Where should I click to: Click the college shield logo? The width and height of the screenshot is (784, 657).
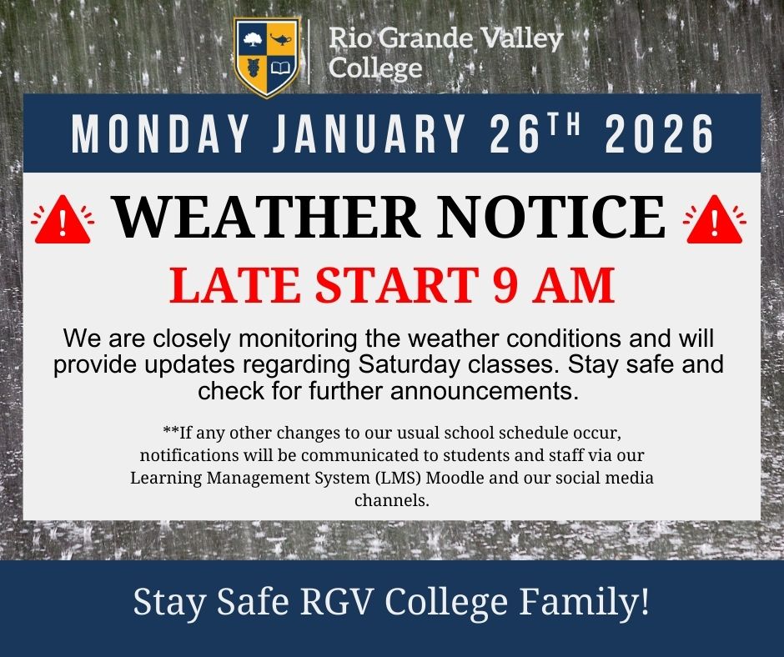[x=266, y=58]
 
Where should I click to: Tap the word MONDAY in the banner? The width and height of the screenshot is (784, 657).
[x=147, y=133]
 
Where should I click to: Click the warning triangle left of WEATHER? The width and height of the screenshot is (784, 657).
[x=62, y=221]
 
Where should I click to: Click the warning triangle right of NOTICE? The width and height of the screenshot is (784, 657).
[x=714, y=221]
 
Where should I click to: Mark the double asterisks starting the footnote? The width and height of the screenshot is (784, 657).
[x=170, y=433]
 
